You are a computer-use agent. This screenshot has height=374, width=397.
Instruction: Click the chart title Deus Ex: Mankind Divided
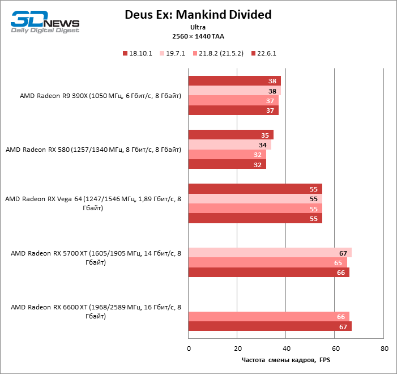[198, 14]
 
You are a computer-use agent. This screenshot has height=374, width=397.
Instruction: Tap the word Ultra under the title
[198, 27]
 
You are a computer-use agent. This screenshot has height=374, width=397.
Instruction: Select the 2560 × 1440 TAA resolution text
[198, 36]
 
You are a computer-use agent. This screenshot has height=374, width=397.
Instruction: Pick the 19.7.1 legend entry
[175, 53]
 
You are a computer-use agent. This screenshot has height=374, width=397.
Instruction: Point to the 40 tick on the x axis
[287, 348]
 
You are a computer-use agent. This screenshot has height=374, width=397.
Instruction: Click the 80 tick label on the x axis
[385, 348]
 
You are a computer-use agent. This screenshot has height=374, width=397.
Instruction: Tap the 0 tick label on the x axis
[189, 348]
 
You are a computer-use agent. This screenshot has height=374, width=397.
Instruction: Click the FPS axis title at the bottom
[285, 360]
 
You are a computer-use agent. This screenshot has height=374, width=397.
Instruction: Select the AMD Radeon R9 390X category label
[100, 96]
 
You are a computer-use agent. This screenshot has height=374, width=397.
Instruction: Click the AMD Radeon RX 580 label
[93, 150]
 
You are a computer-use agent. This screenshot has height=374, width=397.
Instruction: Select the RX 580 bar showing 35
[230, 135]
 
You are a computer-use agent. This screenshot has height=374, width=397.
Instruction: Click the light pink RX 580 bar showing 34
[229, 144]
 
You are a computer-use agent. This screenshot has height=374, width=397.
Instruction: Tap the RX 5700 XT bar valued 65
[267, 263]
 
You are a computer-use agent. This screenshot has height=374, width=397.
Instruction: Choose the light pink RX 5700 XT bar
[270, 253]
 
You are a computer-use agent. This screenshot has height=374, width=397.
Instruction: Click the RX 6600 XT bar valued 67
[270, 326]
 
